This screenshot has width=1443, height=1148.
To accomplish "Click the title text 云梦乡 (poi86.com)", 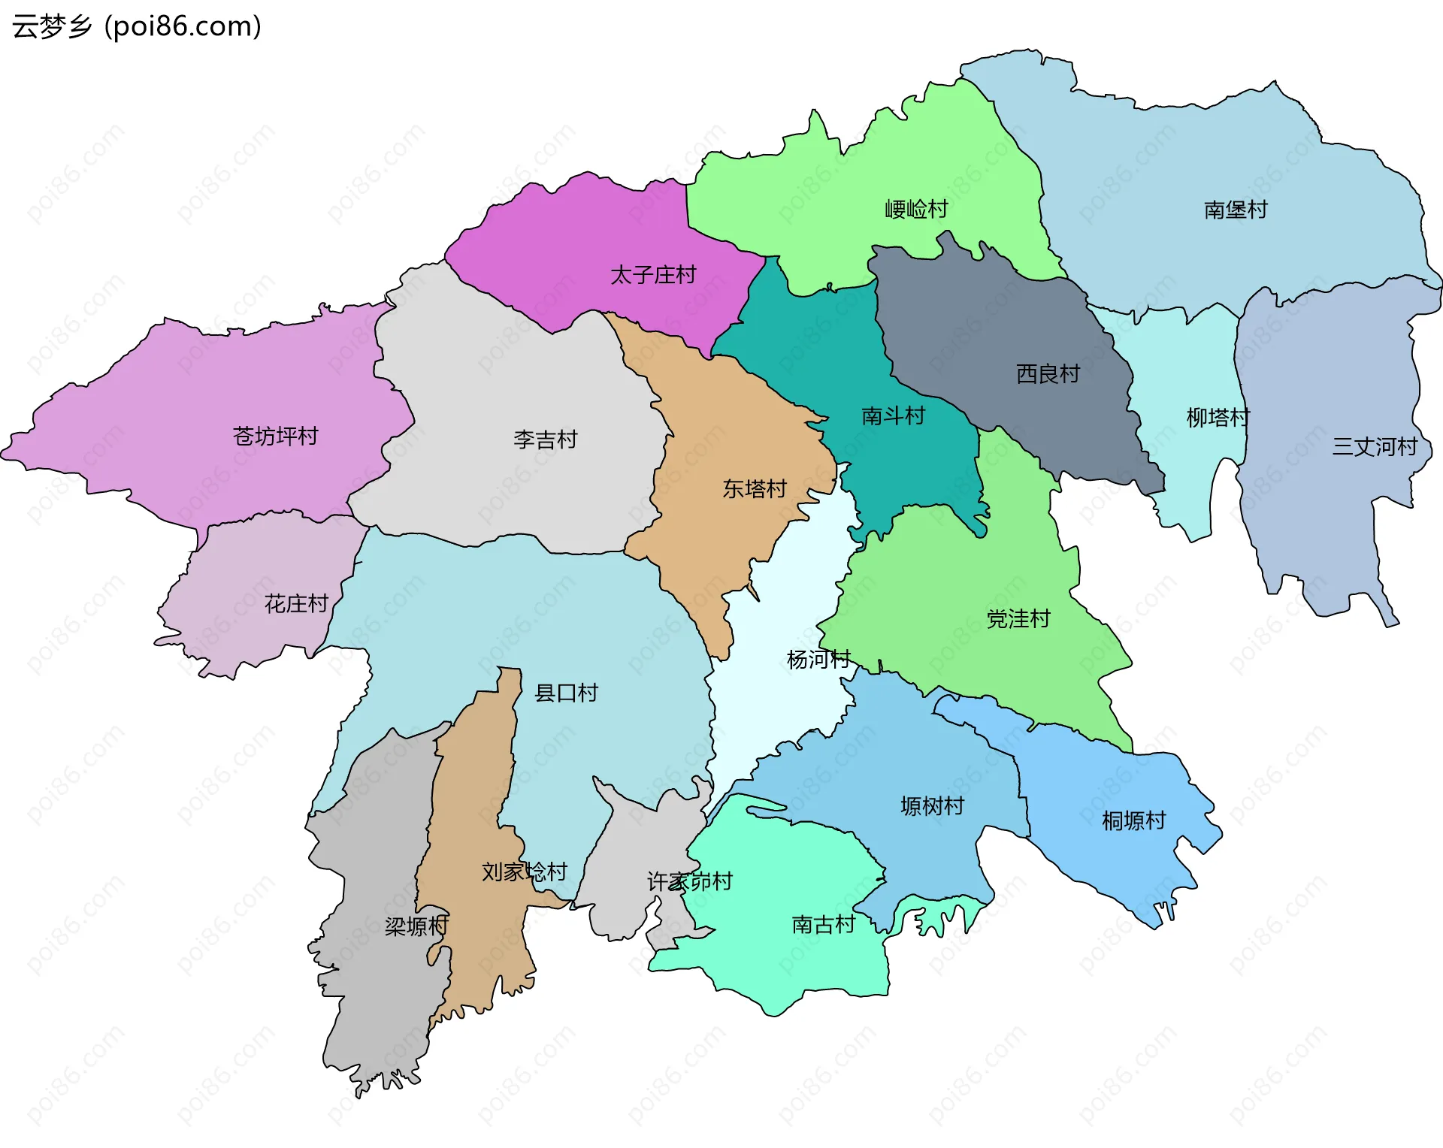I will pyautogui.click(x=137, y=27).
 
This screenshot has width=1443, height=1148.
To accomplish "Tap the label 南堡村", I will pyautogui.click(x=1236, y=210).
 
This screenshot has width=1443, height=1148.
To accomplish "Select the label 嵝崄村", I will pyautogui.click(x=916, y=209).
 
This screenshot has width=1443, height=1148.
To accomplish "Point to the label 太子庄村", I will pyautogui.click(x=653, y=275).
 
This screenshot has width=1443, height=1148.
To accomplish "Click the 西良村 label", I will pyautogui.click(x=1048, y=373).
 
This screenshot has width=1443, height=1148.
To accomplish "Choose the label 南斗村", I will pyautogui.click(x=893, y=415).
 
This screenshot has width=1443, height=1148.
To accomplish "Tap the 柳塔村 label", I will pyautogui.click(x=1218, y=417).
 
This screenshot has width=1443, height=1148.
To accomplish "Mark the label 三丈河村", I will pyautogui.click(x=1375, y=446).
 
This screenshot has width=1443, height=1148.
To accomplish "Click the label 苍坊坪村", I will pyautogui.click(x=275, y=436).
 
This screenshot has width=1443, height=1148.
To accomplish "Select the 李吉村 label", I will pyautogui.click(x=545, y=440).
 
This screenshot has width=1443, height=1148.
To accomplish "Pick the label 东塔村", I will pyautogui.click(x=754, y=489).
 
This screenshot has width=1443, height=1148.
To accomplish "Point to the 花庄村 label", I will pyautogui.click(x=296, y=603).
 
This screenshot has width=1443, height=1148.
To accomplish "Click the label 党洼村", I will pyautogui.click(x=1018, y=619).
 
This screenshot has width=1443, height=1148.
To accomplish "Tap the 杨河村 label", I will pyautogui.click(x=818, y=660).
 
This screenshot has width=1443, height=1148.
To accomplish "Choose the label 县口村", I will pyautogui.click(x=566, y=693).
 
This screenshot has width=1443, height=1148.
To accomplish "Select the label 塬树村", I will pyautogui.click(x=932, y=806).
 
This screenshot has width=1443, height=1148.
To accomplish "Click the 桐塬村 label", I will pyautogui.click(x=1133, y=820).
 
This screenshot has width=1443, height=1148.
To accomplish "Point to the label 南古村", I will pyautogui.click(x=823, y=924).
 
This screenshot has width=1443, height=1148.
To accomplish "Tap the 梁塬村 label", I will pyautogui.click(x=416, y=926).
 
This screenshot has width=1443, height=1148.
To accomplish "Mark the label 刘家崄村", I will pyautogui.click(x=524, y=872).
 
